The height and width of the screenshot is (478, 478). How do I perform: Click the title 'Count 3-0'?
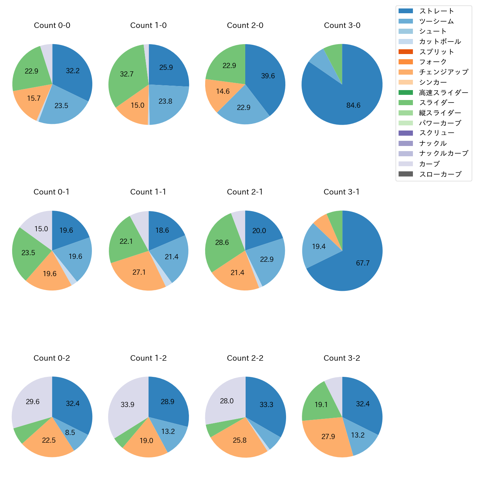pos(342,25)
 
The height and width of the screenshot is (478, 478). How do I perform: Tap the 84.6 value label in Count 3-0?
pos(353,106)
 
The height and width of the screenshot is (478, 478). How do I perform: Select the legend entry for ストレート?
pos(436,11)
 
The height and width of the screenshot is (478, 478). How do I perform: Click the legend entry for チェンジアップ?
pos(443,72)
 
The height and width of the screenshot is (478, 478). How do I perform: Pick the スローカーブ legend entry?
pos(440,174)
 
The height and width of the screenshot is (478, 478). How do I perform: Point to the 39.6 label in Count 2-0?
pos(268,76)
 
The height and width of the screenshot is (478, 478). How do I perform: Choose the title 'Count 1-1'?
pos(148,192)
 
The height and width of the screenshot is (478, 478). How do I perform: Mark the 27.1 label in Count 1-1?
pos(139,272)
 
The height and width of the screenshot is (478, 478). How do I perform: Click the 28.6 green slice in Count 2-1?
pos(222,243)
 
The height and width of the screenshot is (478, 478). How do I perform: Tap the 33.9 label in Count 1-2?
pos(128,405)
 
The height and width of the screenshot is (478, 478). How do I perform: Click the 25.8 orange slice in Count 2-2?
pos(240,440)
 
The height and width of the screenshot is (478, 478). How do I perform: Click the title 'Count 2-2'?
pos(245,358)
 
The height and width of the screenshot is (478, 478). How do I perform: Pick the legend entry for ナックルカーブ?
pos(443,154)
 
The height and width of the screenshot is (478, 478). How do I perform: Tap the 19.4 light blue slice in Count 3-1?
pos(318,247)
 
